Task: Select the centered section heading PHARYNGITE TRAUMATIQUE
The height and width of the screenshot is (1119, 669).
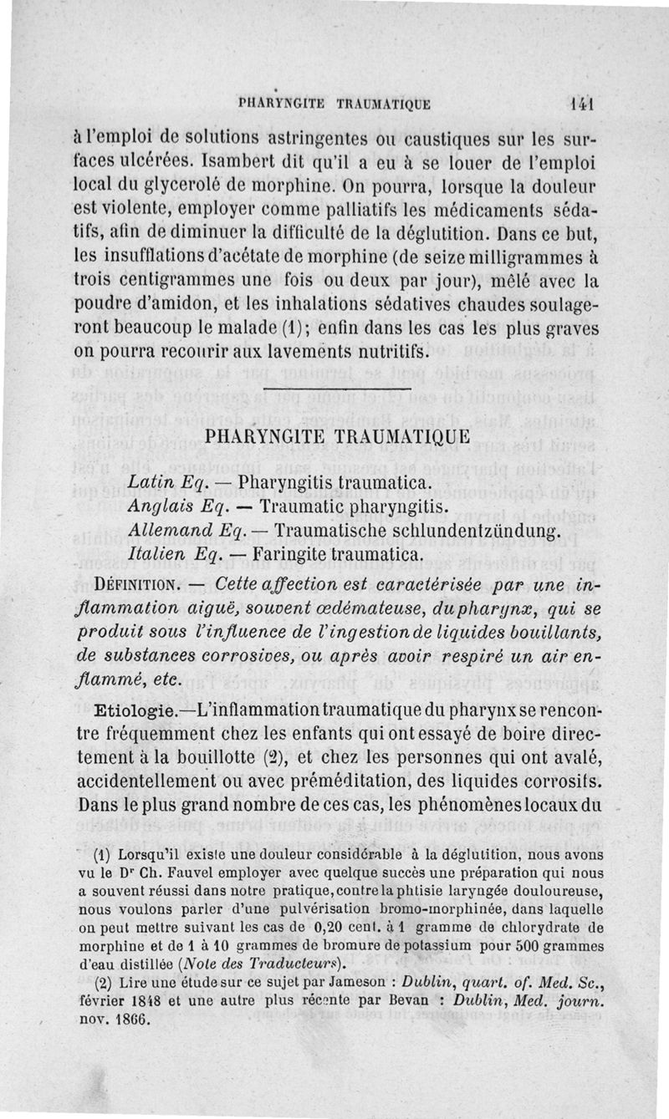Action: (x=338, y=436)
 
